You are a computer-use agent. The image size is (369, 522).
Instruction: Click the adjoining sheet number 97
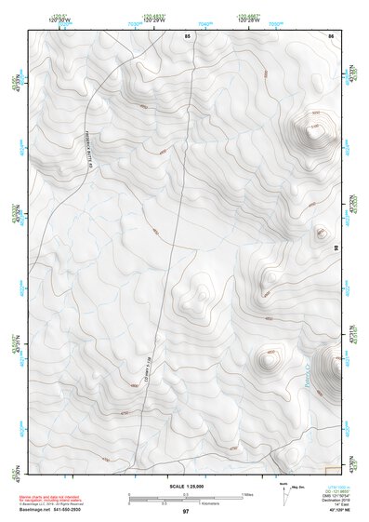point(186,513)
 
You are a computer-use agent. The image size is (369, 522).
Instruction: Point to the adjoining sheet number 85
point(187,35)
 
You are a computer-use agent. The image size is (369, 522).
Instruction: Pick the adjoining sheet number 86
point(330,35)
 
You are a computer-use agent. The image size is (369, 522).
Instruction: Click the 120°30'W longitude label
point(60,20)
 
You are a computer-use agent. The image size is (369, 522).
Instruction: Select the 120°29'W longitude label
point(154,20)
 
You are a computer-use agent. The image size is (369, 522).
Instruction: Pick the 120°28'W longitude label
point(247,20)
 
